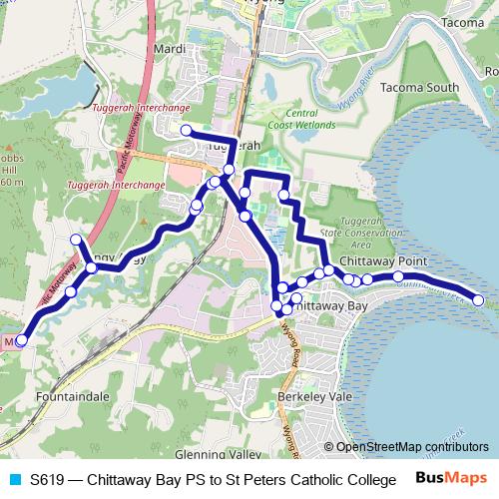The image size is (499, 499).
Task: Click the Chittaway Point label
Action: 383,259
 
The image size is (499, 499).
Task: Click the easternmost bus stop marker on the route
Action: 478,300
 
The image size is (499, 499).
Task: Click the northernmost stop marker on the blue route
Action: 186,130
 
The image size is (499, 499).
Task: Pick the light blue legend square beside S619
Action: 14,479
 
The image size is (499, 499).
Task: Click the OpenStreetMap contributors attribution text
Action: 412,447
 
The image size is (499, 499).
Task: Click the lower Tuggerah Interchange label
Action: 116,186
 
